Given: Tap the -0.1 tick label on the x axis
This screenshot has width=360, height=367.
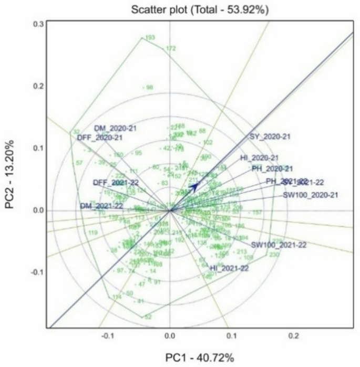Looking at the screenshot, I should [108, 335].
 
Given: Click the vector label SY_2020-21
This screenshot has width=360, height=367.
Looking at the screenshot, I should [270, 137].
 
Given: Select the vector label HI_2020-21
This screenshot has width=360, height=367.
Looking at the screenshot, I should [259, 158].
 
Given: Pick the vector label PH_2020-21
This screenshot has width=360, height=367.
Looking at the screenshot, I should [272, 169].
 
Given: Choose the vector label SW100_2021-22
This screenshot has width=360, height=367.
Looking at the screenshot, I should [279, 245].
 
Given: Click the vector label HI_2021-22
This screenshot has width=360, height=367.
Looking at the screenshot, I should [229, 268].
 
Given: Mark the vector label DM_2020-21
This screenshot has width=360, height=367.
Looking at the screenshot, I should [115, 128].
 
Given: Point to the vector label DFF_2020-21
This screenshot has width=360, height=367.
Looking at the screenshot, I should [99, 138].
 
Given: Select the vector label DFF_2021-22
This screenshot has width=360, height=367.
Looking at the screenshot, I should [116, 182].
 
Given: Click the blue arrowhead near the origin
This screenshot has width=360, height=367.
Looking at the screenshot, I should [194, 186].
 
